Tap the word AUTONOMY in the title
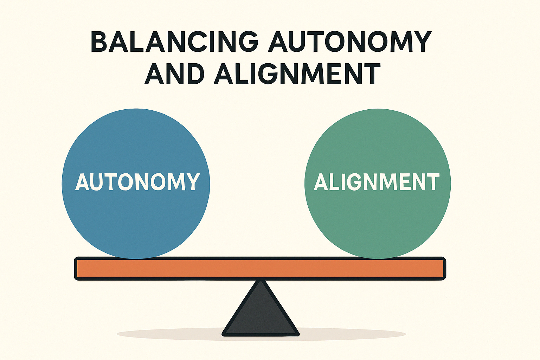click(x=349, y=41)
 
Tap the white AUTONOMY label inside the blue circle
click(x=137, y=182)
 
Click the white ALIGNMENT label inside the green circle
click(x=377, y=182)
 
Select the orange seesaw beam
click(x=260, y=269)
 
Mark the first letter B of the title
click(x=99, y=41)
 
